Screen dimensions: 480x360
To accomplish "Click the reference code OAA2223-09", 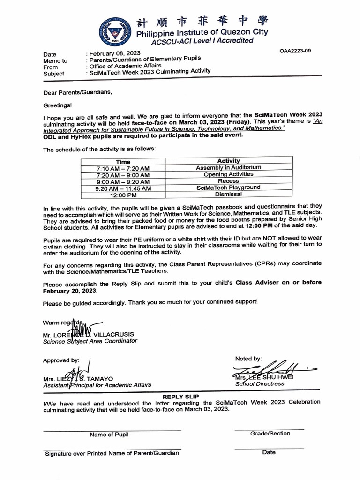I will pyautogui.click(x=294, y=51).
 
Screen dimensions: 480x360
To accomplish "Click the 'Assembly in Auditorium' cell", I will pyautogui.click(x=229, y=167).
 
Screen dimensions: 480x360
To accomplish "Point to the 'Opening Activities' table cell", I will pyautogui.click(x=229, y=174).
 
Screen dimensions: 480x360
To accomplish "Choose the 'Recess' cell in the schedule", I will pyautogui.click(x=229, y=180).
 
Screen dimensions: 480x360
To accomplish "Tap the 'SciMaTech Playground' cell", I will pyautogui.click(x=229, y=187).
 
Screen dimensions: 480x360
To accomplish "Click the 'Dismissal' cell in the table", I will pyautogui.click(x=229, y=194).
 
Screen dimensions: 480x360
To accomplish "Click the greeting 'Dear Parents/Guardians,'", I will pyautogui.click(x=78, y=92).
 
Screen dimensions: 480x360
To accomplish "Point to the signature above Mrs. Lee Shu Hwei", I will pyautogui.click(x=272, y=368).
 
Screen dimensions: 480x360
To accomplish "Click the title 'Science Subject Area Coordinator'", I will pyautogui.click(x=90, y=341).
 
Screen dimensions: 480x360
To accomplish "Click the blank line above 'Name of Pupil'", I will pyautogui.click(x=112, y=430).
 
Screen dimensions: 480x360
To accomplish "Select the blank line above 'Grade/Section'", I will pyautogui.click(x=269, y=429).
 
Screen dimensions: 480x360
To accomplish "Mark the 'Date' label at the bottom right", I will pyautogui.click(x=269, y=452).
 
